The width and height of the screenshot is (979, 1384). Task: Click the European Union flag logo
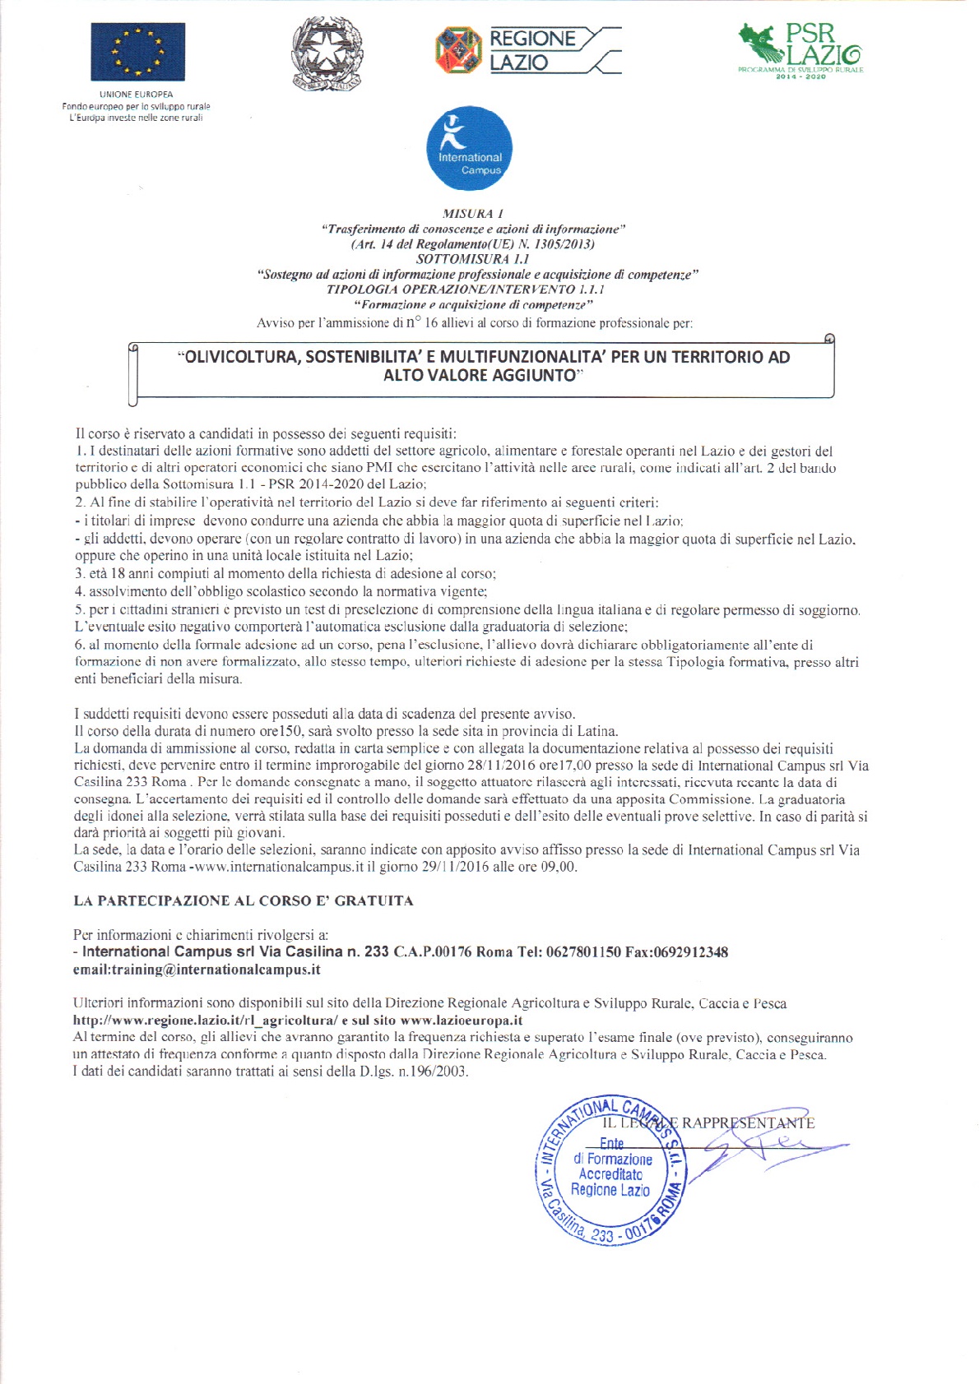click(x=137, y=52)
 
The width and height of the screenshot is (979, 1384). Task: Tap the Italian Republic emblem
click(x=327, y=54)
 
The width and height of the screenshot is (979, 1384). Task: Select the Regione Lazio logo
click(x=527, y=50)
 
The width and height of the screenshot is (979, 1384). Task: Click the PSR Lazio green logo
click(x=800, y=49)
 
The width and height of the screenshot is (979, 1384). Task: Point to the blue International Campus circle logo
click(x=469, y=149)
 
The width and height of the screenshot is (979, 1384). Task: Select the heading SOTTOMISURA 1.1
click(x=472, y=259)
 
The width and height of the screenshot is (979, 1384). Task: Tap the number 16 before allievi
click(x=431, y=323)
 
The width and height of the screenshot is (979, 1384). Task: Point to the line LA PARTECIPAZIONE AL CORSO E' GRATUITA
click(x=244, y=900)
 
